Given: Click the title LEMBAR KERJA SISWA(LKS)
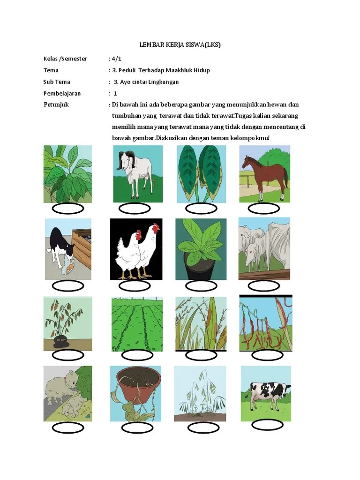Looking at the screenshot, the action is point(180,45).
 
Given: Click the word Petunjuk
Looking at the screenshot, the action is point(56,105).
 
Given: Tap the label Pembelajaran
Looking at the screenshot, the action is point(62,93).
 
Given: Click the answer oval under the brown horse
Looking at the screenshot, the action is point(263,209).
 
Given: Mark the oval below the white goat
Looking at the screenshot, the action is point(135,209).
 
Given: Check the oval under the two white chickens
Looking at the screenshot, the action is point(135,286).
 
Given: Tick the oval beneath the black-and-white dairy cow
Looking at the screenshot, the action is point(267,425).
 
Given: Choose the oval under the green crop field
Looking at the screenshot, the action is point(137,355).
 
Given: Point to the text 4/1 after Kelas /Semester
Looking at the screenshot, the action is point(117,59).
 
